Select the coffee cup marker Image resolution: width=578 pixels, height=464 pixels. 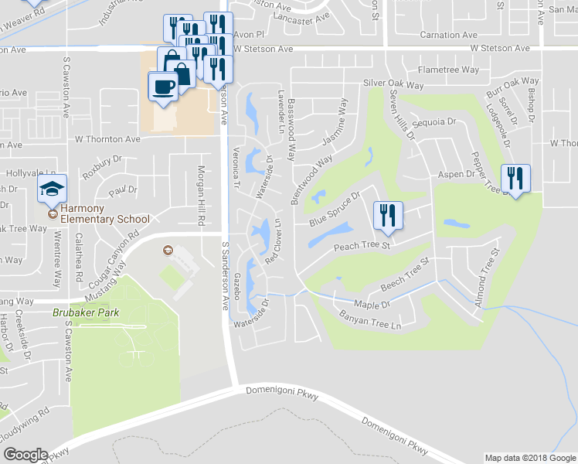click(162, 87)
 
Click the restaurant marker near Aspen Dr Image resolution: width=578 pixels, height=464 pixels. click(515, 179)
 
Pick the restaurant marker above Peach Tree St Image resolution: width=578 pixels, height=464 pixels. click(389, 215)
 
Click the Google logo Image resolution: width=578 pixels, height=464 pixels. click(25, 455)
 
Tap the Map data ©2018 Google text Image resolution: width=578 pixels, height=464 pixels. click(529, 458)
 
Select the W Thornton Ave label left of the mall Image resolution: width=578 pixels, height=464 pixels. click(107, 139)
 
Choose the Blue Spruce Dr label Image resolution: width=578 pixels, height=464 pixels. click(336, 210)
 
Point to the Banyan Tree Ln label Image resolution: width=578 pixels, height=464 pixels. click(371, 321)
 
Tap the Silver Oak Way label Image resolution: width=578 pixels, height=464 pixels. click(393, 85)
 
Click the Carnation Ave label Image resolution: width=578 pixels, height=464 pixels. click(448, 35)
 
